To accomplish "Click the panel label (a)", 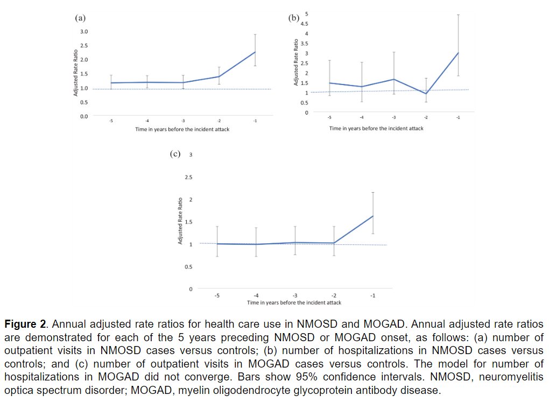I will pos(80,18).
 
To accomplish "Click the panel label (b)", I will pos(294,18).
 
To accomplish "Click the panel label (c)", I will pos(175,154).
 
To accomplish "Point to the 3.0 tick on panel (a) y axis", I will pos(84,32).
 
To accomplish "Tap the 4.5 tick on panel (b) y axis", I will pos(304,24).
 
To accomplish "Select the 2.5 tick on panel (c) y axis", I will pos(188,177).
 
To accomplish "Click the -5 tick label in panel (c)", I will pos(216,295).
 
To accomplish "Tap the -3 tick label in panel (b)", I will pos(393,118).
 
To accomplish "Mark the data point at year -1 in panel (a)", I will pos(255,52).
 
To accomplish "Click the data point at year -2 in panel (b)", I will pos(426,94).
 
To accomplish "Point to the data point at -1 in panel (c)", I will pos(372,216).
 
